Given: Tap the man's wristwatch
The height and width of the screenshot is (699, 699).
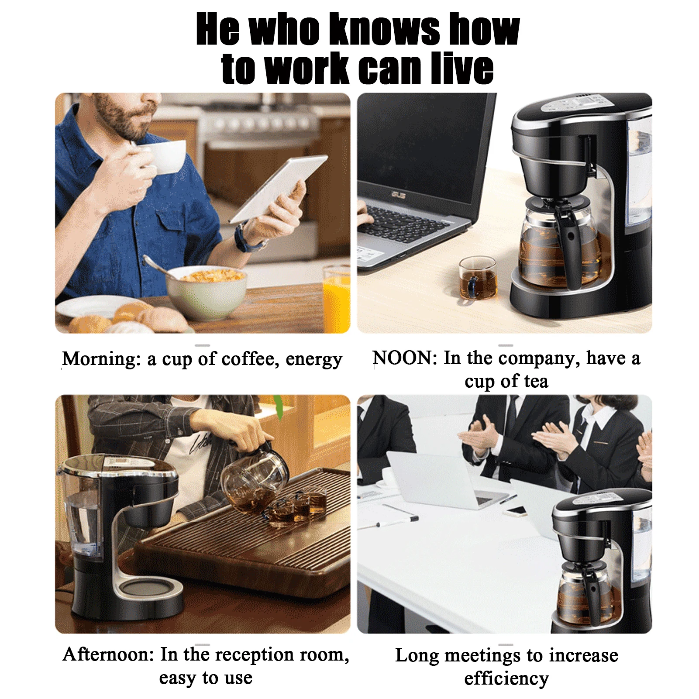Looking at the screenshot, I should [x=244, y=238].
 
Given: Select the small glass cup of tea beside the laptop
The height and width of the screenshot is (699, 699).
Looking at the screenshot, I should [x=478, y=279].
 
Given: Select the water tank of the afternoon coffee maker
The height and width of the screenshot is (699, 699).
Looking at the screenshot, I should [x=81, y=515].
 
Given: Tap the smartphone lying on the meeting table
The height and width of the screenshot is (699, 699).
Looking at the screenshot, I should [x=518, y=510].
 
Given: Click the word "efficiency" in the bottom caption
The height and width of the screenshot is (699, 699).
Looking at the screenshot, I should [x=506, y=679].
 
